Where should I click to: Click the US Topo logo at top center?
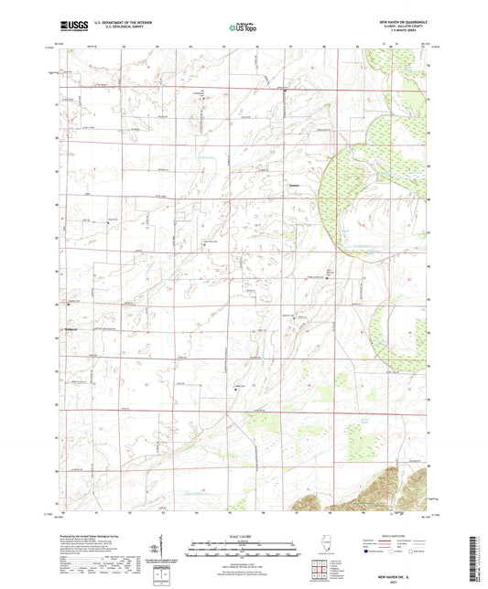(241, 28)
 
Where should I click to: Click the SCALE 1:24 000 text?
(243, 535)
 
